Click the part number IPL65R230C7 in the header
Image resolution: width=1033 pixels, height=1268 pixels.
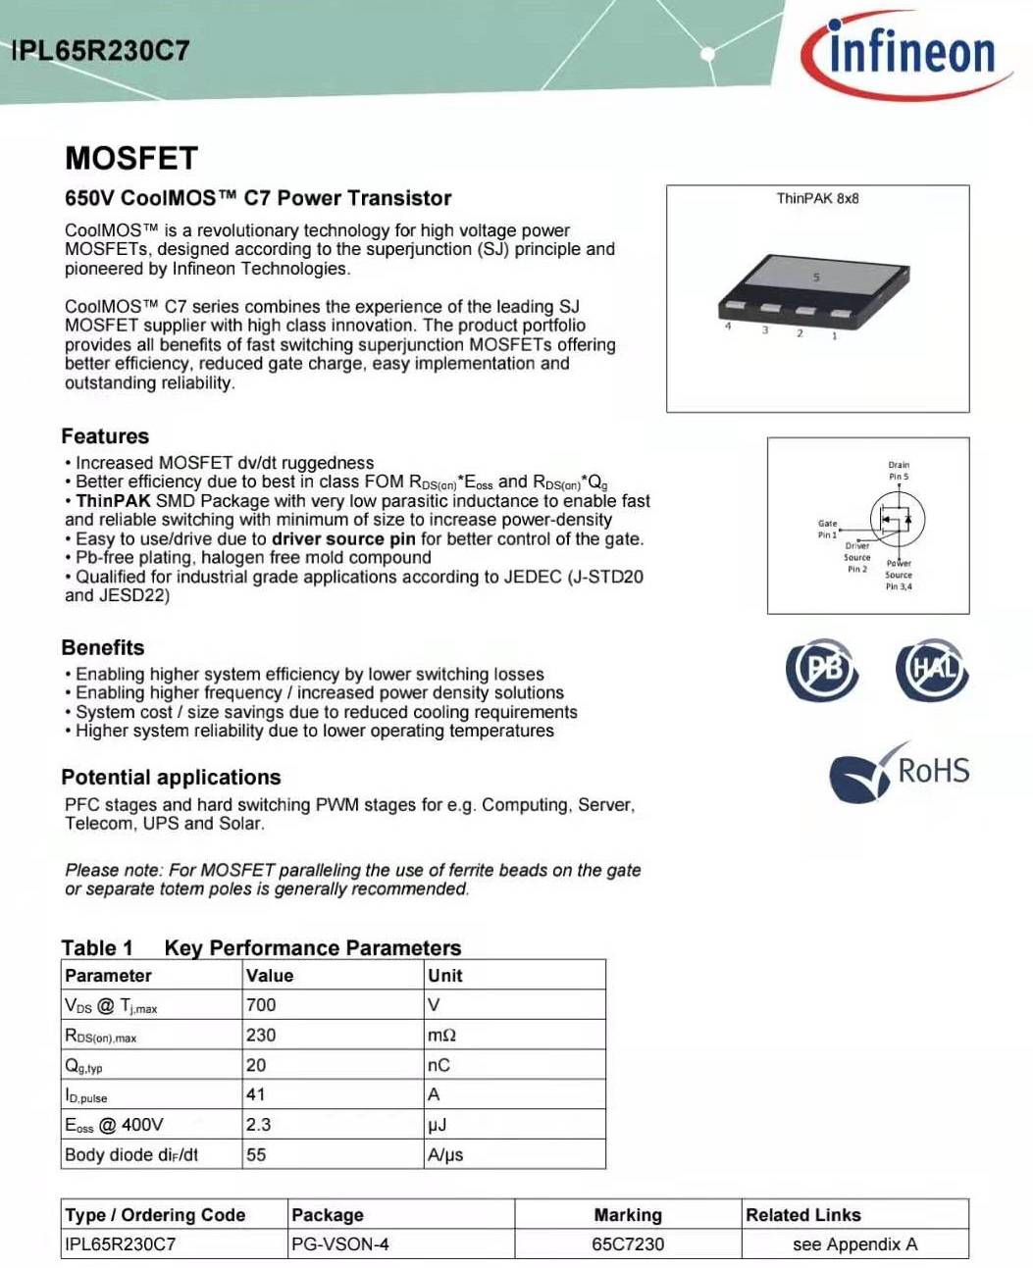coord(100,51)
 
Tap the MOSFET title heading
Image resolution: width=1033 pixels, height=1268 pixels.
coord(131,159)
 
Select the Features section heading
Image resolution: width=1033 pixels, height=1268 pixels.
coord(105,436)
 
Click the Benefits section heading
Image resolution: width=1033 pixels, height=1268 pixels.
coord(102,647)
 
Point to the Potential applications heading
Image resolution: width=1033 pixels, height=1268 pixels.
coord(171,778)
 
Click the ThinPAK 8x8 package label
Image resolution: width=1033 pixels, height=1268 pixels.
coord(817,198)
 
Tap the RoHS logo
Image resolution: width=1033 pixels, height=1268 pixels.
coord(900,771)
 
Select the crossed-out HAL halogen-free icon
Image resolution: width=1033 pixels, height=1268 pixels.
coord(931,669)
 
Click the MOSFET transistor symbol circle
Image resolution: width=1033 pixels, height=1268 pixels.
coord(897,519)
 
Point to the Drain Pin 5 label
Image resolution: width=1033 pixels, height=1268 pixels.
coord(899,471)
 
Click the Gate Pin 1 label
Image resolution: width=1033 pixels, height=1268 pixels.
coord(828,529)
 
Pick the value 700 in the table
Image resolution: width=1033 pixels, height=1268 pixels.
coord(262,1005)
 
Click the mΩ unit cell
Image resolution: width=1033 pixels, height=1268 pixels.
coord(441,1036)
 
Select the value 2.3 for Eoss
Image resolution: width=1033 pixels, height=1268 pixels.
coord(259,1125)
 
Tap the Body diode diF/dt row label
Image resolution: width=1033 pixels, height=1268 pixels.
coord(131,1155)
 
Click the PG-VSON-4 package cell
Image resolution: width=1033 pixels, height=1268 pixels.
coord(340,1244)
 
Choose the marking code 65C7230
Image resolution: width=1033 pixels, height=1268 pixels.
coord(628,1244)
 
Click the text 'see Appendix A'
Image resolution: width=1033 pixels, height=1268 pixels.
coord(854,1244)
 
